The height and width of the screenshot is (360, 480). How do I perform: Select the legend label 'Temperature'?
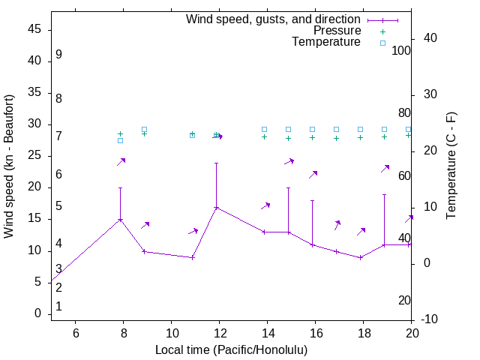tap(326, 42)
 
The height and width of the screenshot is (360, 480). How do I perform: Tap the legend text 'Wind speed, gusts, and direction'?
tap(273, 19)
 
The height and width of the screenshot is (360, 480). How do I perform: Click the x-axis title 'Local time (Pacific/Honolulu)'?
tap(231, 350)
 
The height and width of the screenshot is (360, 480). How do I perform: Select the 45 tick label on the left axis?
tap(35, 30)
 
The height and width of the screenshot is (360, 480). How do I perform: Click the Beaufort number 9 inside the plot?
tap(58, 55)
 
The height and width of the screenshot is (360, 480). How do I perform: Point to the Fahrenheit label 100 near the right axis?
tap(402, 50)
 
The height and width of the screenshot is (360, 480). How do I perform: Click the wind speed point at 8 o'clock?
tap(120, 220)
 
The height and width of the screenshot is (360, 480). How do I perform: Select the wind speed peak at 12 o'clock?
tap(217, 207)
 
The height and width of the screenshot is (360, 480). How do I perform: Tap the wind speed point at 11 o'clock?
tap(193, 257)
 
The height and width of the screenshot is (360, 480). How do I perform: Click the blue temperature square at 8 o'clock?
tap(120, 140)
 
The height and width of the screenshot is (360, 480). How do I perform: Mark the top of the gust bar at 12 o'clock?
tap(217, 163)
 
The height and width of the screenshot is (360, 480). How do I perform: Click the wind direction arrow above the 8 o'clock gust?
tap(121, 161)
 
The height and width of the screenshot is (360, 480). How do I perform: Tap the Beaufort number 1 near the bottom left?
tap(58, 307)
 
